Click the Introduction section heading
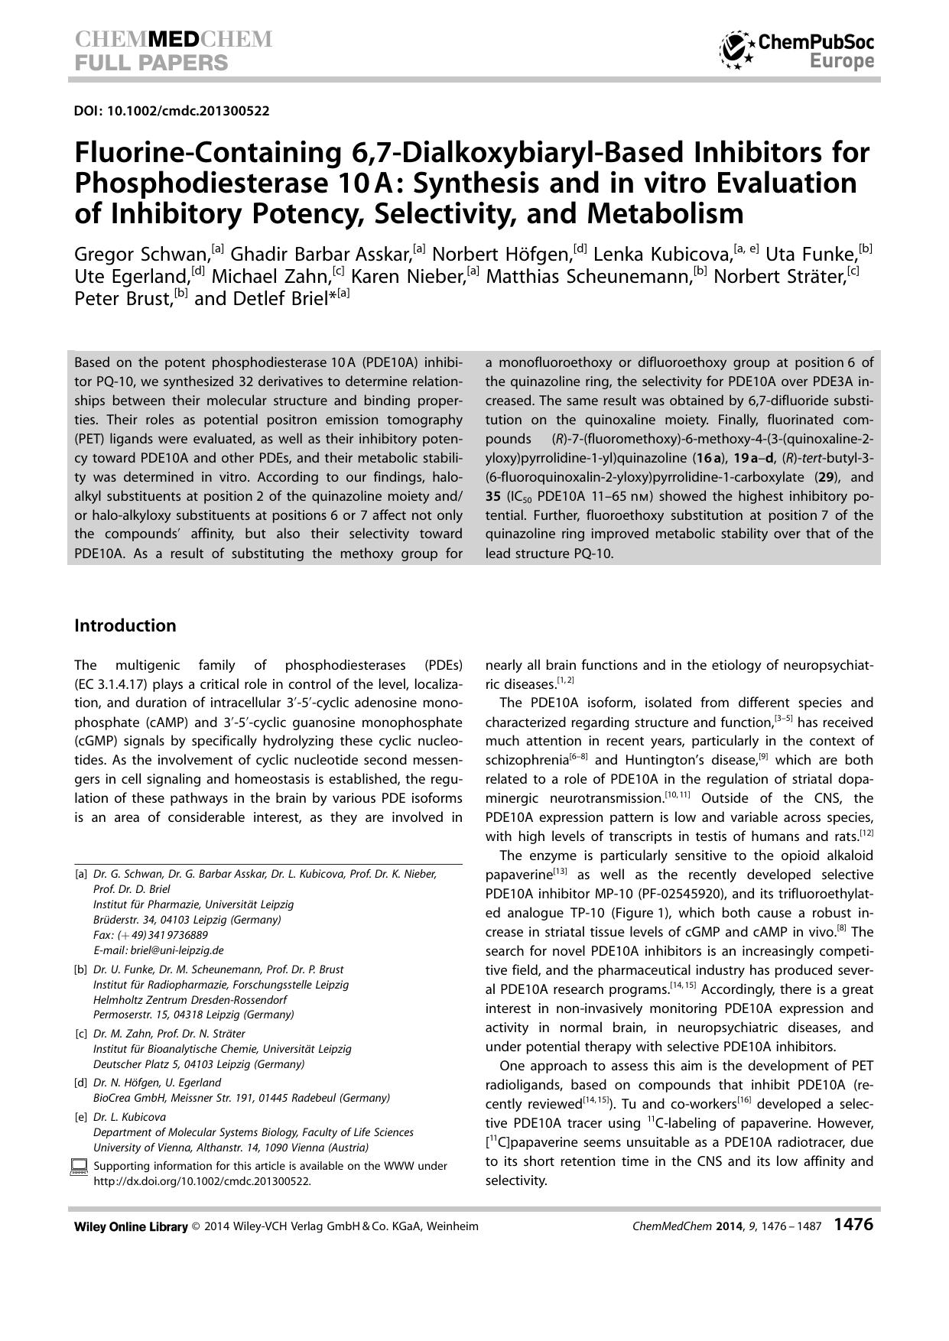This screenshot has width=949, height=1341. coord(125,625)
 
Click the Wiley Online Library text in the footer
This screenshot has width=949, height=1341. coord(131,1226)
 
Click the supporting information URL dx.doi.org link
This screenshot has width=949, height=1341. coord(202,1180)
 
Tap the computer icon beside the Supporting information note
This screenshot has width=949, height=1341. coord(79,1167)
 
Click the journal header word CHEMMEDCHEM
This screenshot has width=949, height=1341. coord(174,39)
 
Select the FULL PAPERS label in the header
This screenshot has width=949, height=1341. coord(151,63)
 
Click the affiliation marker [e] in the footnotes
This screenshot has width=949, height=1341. coord(80,1117)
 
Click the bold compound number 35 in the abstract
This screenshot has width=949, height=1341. coord(493,496)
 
